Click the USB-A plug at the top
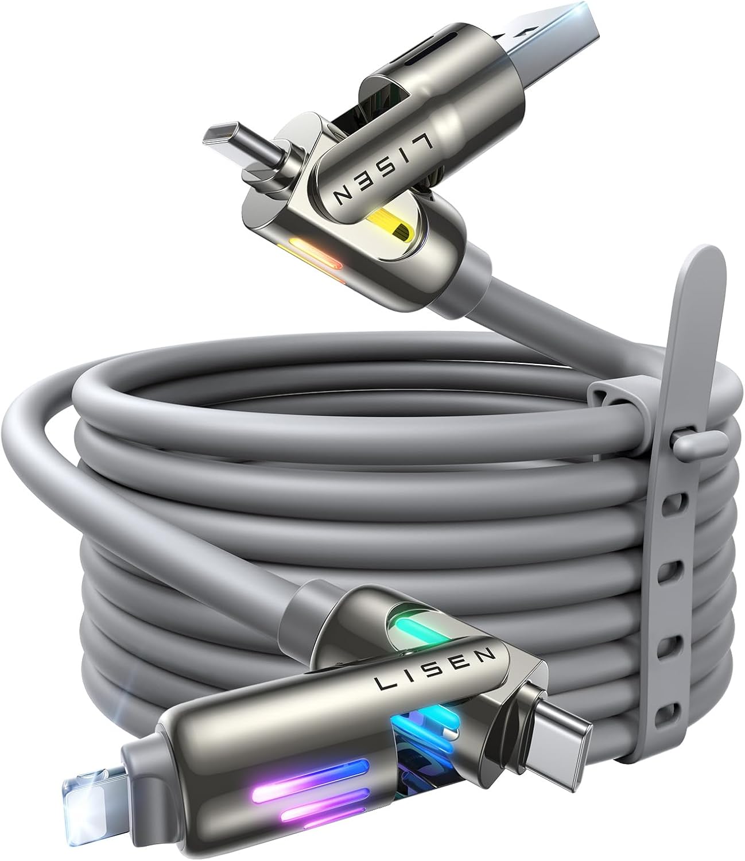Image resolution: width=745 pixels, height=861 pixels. [x=554, y=40]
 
